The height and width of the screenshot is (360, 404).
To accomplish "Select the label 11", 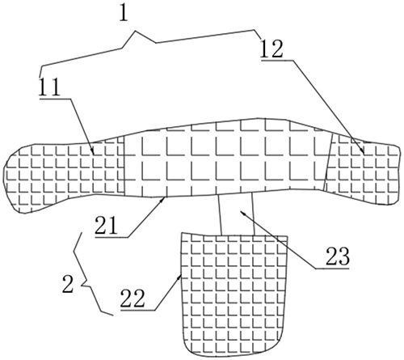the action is pyautogui.click(x=49, y=87).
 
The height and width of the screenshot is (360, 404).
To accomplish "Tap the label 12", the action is pyautogui.click(x=271, y=49).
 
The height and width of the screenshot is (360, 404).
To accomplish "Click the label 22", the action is pyautogui.click(x=133, y=299).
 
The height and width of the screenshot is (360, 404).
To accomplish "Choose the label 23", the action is pyautogui.click(x=338, y=256).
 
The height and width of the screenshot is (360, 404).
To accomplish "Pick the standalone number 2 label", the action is pyautogui.click(x=68, y=284).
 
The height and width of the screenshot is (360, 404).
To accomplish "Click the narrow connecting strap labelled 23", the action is pyautogui.click(x=237, y=214).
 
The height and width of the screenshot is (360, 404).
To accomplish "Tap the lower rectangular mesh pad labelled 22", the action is pyautogui.click(x=234, y=294).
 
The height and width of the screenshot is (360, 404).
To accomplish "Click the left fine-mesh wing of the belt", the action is pyautogui.click(x=63, y=174).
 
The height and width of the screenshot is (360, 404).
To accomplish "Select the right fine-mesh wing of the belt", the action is pyautogui.click(x=362, y=167).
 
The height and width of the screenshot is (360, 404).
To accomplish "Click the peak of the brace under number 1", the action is pyautogui.click(x=135, y=32).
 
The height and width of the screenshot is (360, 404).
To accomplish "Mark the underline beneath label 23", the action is pyautogui.click(x=332, y=269).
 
